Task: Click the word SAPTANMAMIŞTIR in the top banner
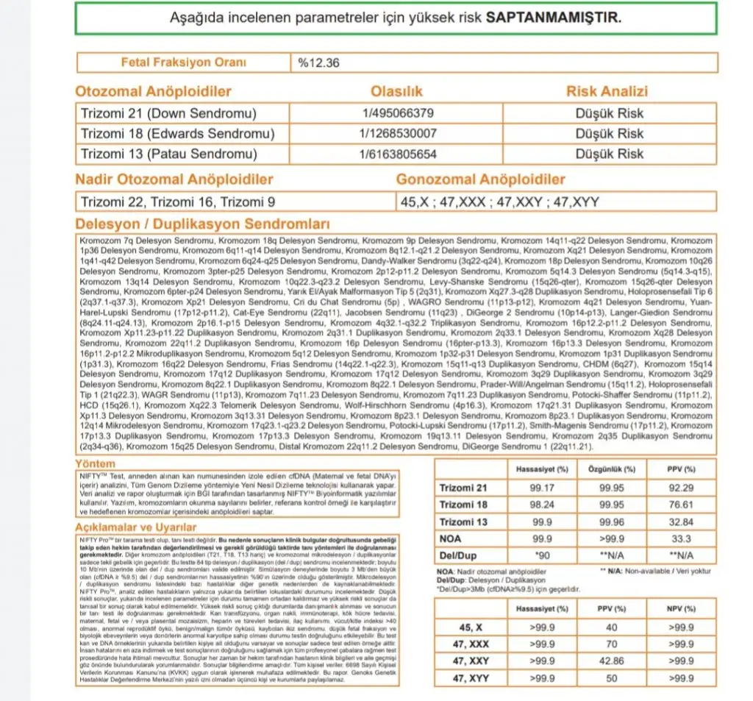(554, 17)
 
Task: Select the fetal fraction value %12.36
(318, 63)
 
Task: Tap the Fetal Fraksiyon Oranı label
(184, 63)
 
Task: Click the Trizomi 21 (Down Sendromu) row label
(168, 113)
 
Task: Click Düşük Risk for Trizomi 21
(609, 113)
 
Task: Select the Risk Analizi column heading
(607, 92)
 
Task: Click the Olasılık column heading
(397, 92)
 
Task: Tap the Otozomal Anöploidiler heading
(154, 92)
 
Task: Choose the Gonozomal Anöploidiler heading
(481, 179)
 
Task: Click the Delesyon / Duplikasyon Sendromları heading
(202, 224)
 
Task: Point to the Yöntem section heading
(96, 463)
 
